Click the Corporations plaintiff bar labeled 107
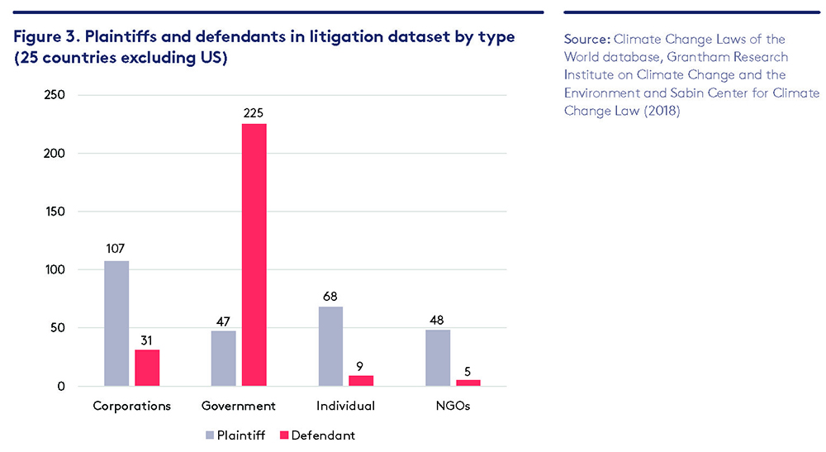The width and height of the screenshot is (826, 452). (x=116, y=323)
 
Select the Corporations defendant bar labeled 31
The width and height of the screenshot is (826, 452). (x=147, y=368)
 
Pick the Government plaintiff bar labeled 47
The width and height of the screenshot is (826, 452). (x=224, y=358)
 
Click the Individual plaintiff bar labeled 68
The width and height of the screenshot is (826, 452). (x=330, y=346)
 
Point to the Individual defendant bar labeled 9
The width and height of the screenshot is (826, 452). (x=361, y=381)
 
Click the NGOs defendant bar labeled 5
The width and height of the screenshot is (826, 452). (x=468, y=383)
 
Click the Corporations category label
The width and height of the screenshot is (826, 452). (x=132, y=406)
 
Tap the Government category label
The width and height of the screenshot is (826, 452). (x=239, y=406)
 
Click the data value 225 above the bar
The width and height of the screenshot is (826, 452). (x=254, y=112)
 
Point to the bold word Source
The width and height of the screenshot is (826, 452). (x=586, y=39)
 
